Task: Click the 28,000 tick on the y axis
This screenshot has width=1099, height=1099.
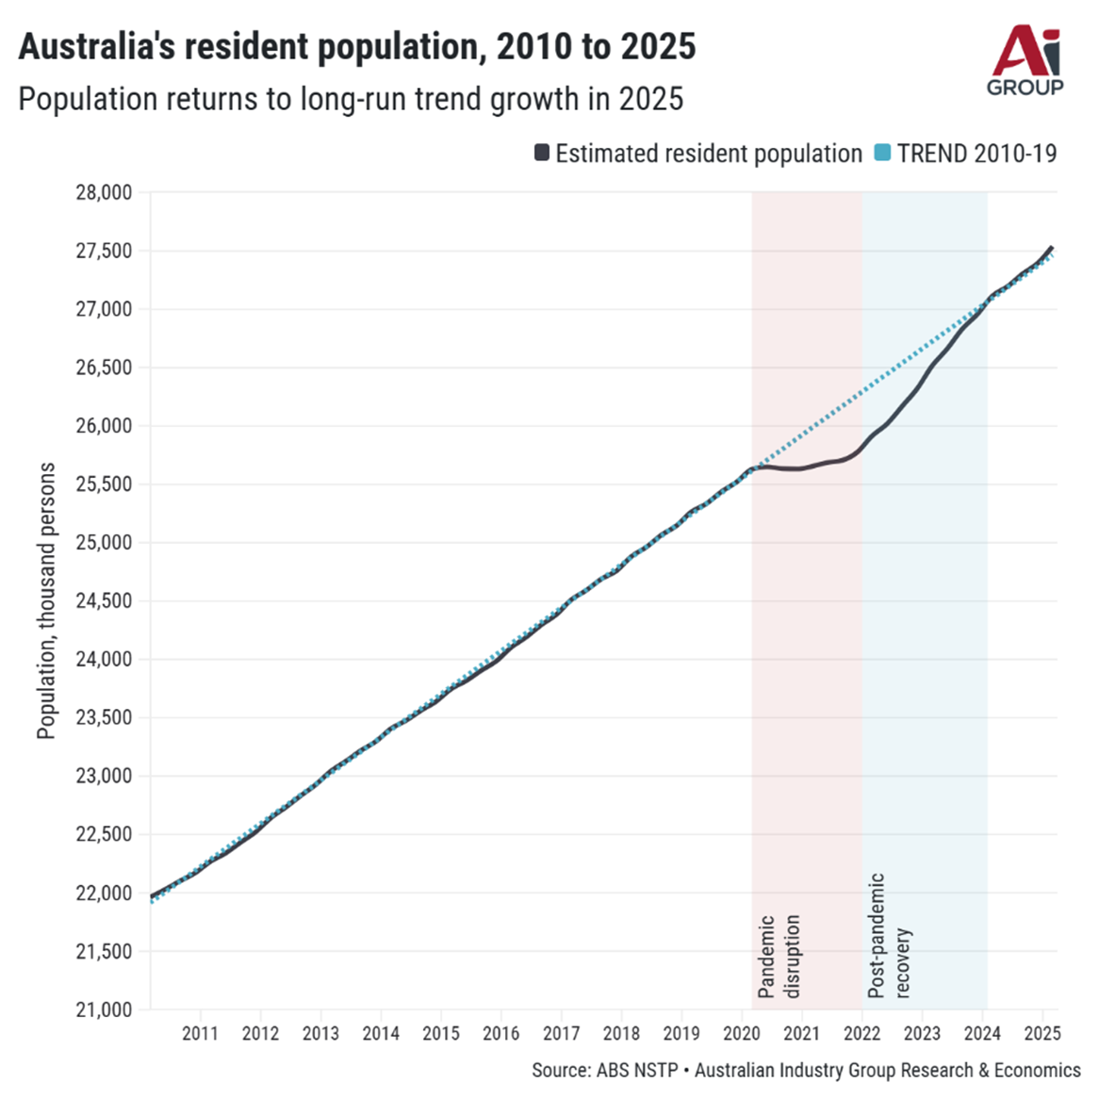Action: [x=104, y=193]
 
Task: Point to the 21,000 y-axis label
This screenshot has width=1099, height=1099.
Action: [x=104, y=1009]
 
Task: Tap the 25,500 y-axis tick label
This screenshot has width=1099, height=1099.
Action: [x=104, y=484]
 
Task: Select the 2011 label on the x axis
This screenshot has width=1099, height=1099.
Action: [x=200, y=1033]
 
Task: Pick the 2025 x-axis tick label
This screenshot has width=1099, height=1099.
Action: [x=1042, y=1033]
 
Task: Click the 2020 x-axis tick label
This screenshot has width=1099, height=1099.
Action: [x=742, y=1033]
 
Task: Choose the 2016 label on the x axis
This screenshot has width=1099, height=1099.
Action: [x=500, y=1033]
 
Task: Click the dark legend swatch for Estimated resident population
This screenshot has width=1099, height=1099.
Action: [x=542, y=154]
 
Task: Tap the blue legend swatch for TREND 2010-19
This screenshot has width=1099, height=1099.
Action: [x=882, y=154]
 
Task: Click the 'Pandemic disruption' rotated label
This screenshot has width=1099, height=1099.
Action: [x=779, y=956]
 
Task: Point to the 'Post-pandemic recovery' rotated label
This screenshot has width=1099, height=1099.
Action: [x=889, y=935]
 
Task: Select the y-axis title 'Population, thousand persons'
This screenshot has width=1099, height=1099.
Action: [x=46, y=600]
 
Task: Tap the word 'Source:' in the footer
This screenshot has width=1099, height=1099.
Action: [x=561, y=1071]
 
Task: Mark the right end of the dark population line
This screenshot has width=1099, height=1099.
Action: [x=1052, y=248]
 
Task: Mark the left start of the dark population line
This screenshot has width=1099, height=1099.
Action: [x=152, y=896]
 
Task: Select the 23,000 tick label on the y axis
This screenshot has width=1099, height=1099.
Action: [x=104, y=776]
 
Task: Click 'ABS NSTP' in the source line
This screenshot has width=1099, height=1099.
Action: [x=636, y=1071]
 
